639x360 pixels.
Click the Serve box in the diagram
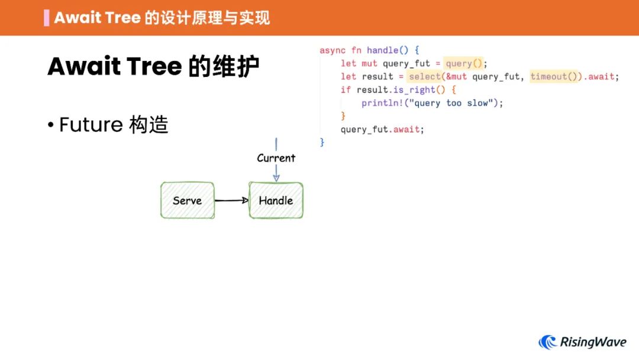click(188, 201)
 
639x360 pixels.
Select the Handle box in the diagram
click(276, 201)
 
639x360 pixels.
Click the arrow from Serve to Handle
click(231, 200)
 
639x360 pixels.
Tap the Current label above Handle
click(276, 158)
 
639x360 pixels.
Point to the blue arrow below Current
click(276, 173)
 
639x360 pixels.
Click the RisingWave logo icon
click(547, 342)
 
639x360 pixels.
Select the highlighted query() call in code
click(464, 63)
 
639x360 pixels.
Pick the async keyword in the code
click(333, 50)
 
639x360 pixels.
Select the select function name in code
click(424, 76)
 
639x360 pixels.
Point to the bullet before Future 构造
click(51, 126)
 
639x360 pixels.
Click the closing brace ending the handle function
click(322, 142)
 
